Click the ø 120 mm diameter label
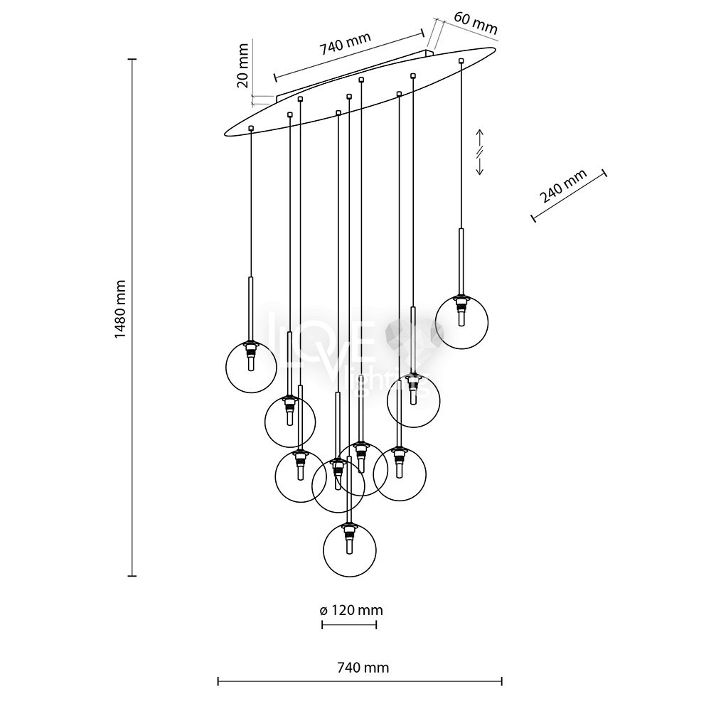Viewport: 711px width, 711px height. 348,610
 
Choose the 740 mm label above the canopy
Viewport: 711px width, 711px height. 345,45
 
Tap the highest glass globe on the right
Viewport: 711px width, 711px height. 461,321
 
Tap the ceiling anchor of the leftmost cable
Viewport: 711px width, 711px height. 251,128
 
